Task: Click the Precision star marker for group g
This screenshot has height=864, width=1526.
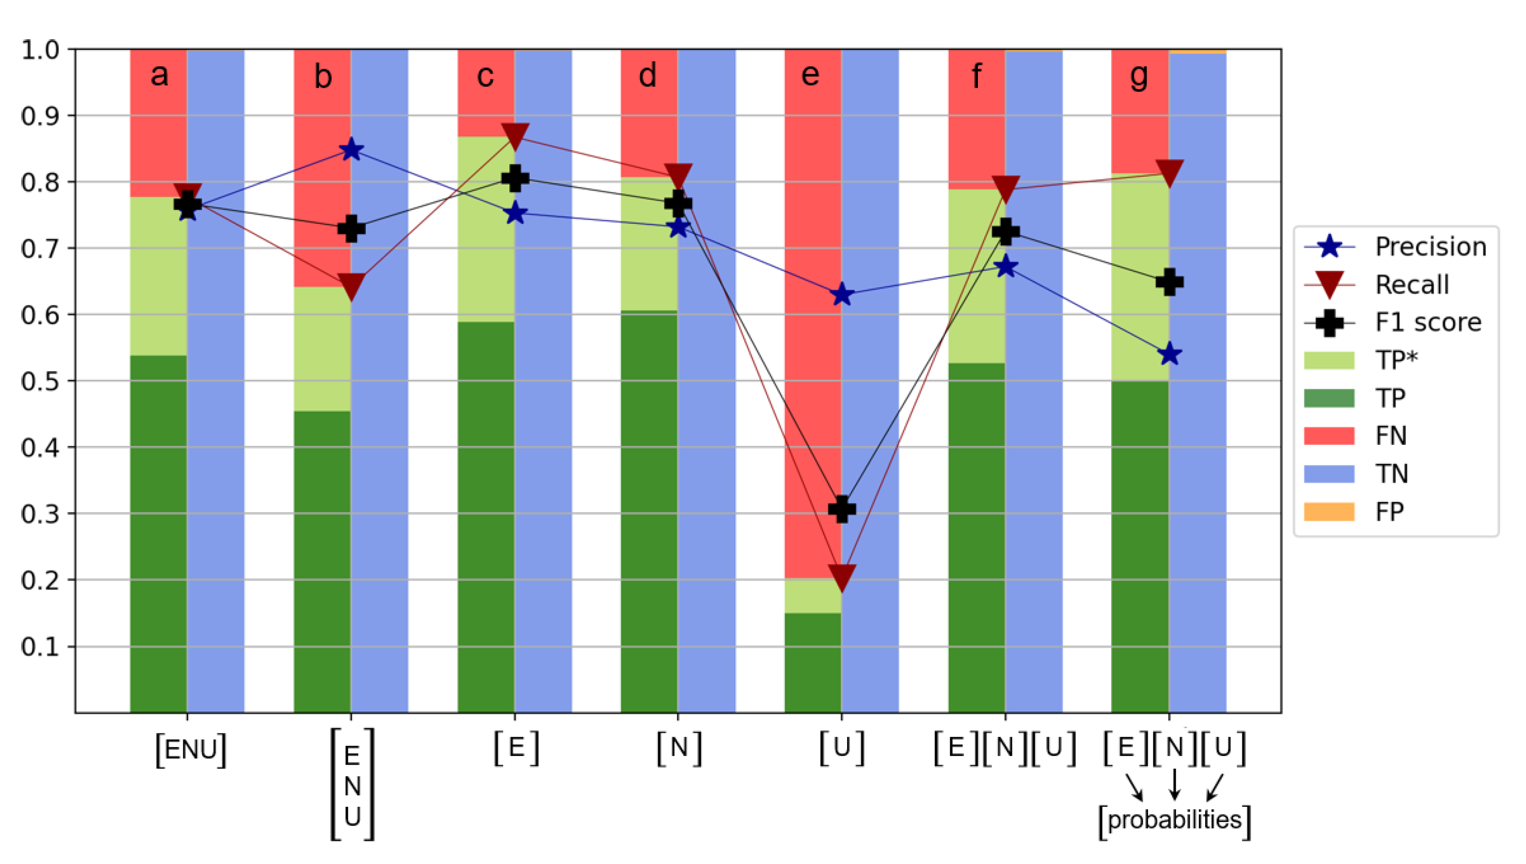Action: point(1169,354)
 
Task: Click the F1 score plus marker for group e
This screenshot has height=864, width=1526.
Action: point(841,508)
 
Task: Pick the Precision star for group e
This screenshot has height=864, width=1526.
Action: point(841,294)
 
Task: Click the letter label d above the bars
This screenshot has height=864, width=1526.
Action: point(647,76)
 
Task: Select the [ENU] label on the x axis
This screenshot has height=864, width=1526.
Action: point(190,750)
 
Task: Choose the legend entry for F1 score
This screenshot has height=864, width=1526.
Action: point(1428,322)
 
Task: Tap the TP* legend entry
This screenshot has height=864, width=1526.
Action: point(1396,360)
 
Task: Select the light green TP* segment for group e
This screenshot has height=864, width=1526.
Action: point(812,596)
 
